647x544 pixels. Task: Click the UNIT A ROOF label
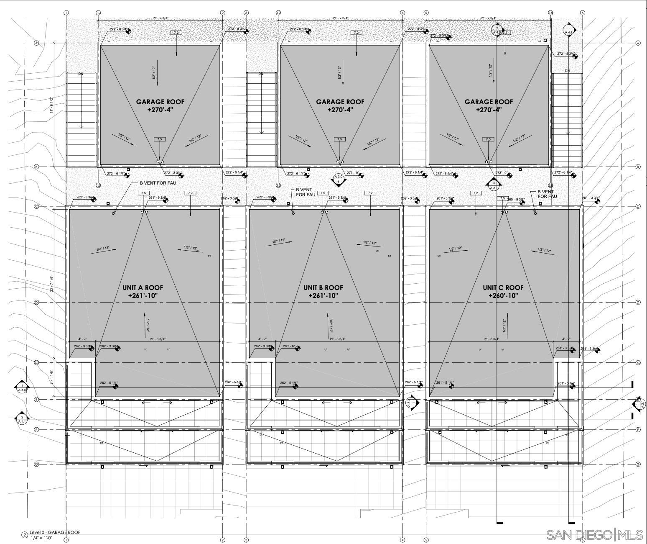(x=143, y=287)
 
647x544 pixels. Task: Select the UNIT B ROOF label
(x=323, y=287)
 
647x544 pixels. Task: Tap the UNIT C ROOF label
(x=503, y=287)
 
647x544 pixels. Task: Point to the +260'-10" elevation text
(x=503, y=295)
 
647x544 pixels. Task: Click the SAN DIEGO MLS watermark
(x=595, y=534)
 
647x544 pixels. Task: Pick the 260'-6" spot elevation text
(x=289, y=346)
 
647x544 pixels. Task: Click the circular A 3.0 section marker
(x=339, y=179)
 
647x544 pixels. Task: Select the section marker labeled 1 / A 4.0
(x=22, y=387)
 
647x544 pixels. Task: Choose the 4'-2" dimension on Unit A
(x=82, y=339)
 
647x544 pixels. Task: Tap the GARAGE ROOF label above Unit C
(x=489, y=102)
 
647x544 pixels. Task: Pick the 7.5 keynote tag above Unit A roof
(x=143, y=193)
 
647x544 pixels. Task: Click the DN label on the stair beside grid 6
(x=567, y=71)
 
